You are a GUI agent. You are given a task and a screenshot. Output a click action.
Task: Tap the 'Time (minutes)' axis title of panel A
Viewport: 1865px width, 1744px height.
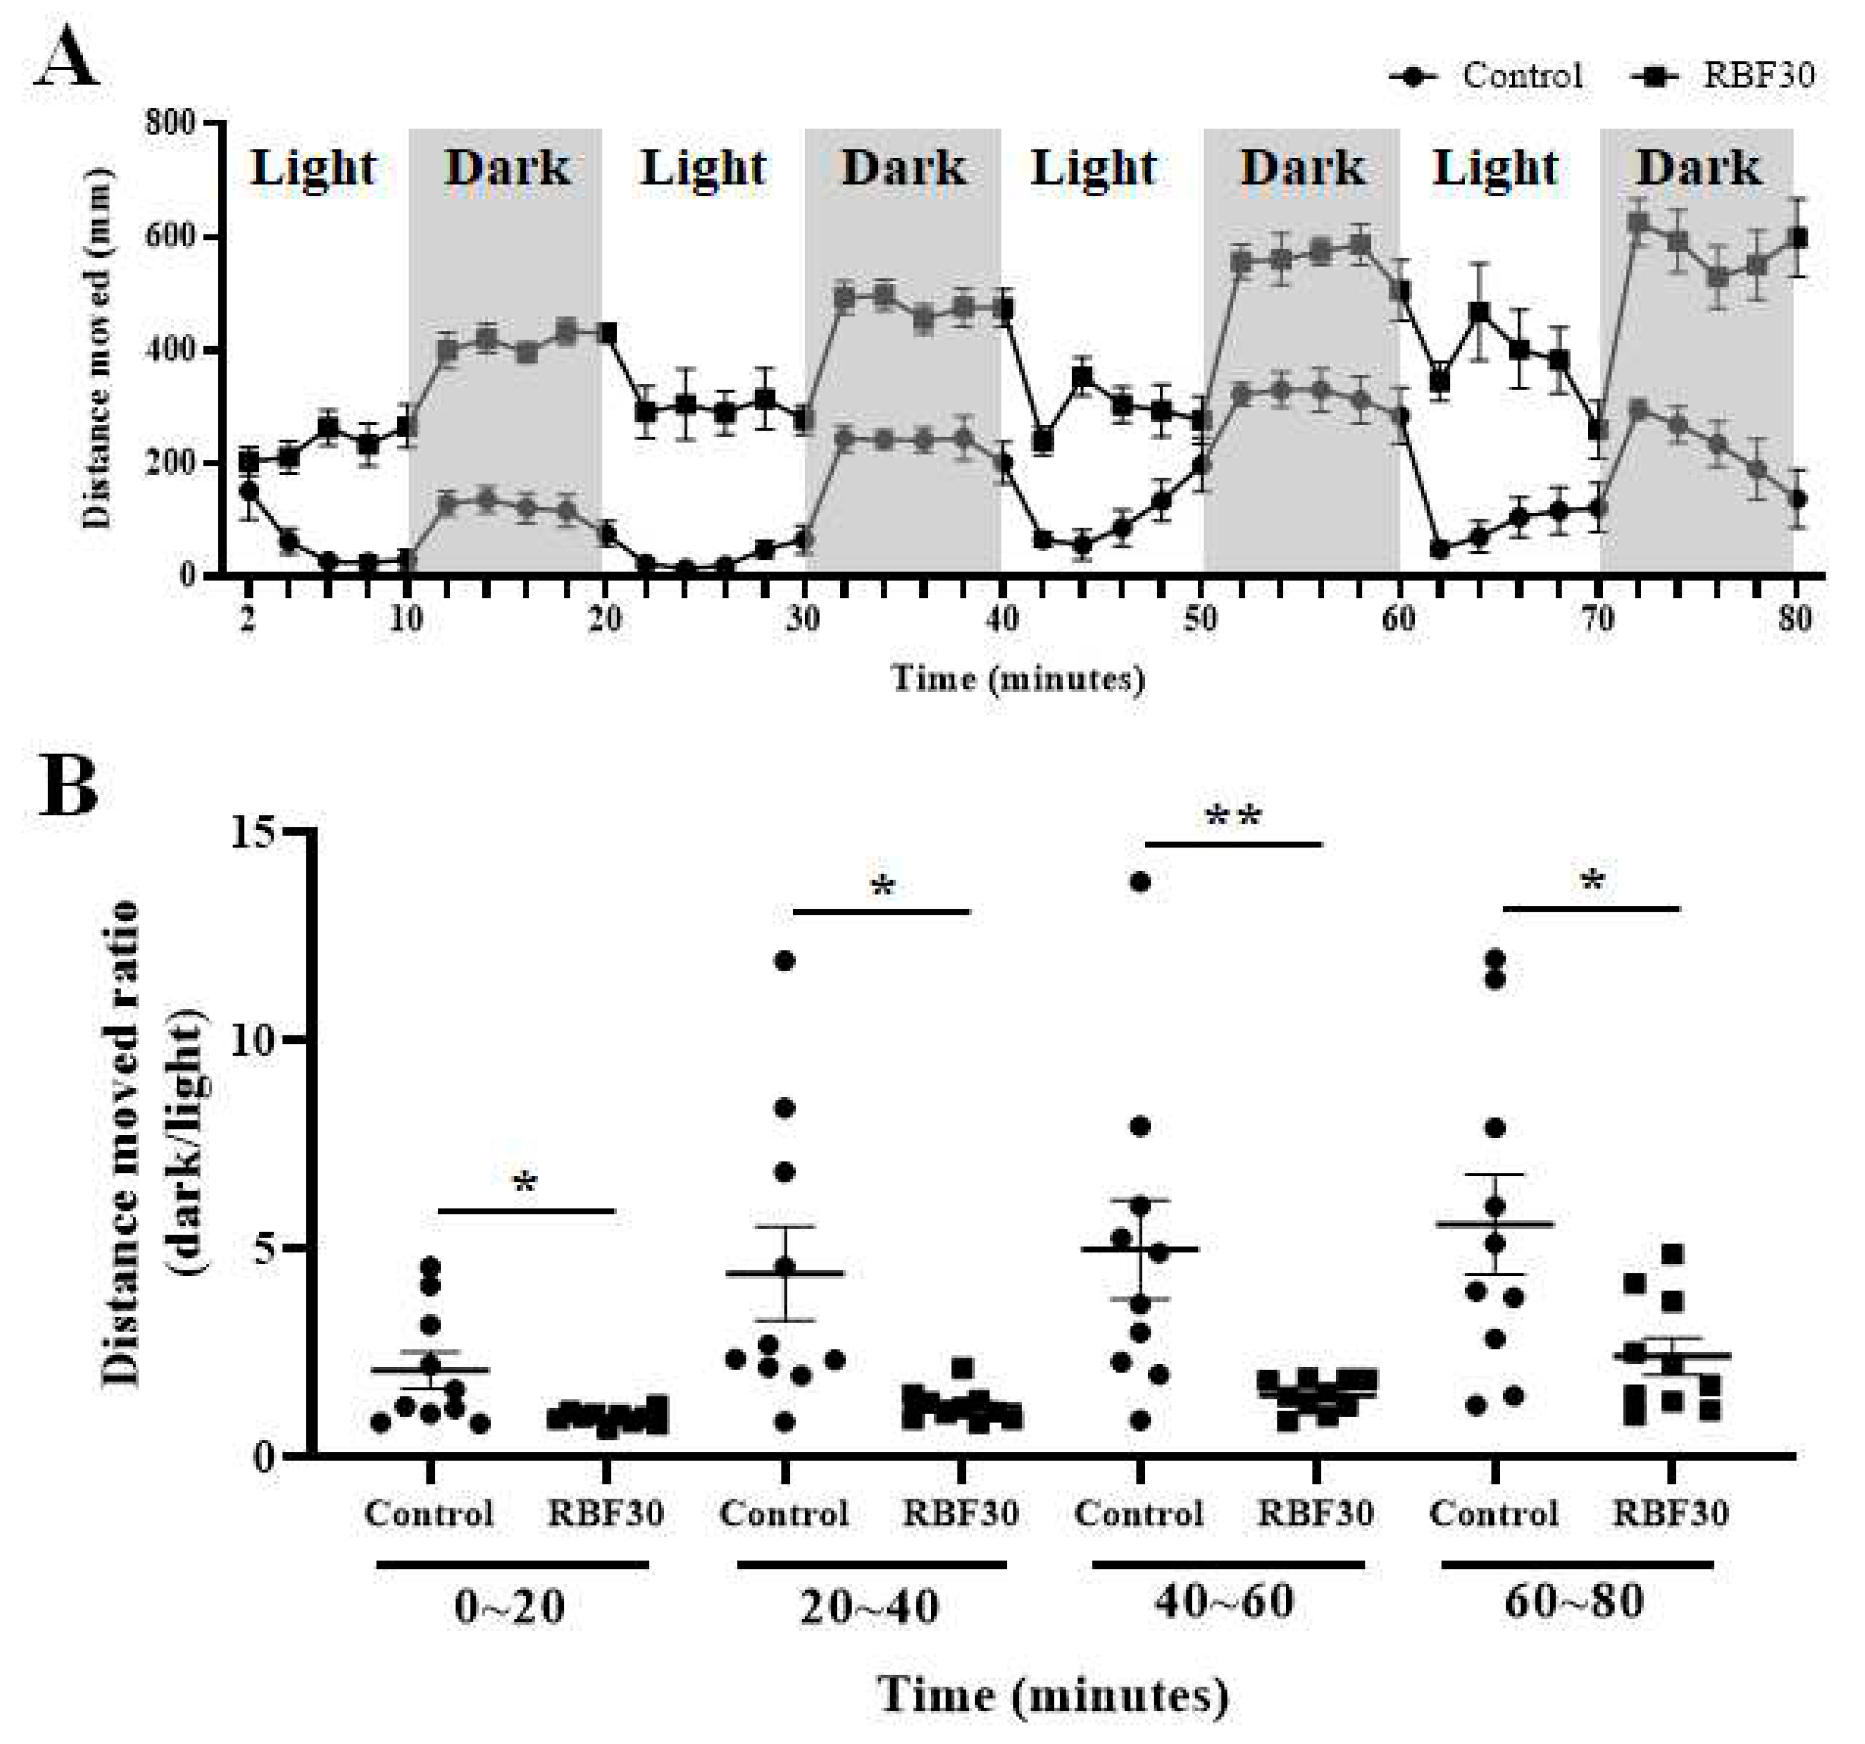click(1018, 677)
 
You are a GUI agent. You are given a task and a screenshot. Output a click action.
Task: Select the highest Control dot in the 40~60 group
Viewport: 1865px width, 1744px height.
click(1141, 881)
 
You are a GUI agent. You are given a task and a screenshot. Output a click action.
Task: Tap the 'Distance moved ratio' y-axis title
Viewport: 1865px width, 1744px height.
click(122, 1145)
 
